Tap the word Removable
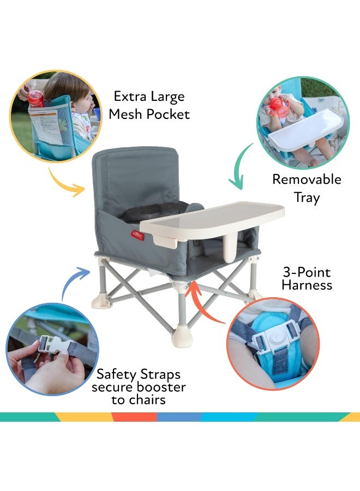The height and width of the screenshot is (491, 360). (x=307, y=179)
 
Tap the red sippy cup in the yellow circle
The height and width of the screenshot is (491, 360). (x=36, y=99)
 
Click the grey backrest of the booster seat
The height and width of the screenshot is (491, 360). (x=135, y=175)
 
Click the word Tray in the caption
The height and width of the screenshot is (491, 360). (x=307, y=197)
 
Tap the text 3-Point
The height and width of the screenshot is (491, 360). (x=307, y=272)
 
